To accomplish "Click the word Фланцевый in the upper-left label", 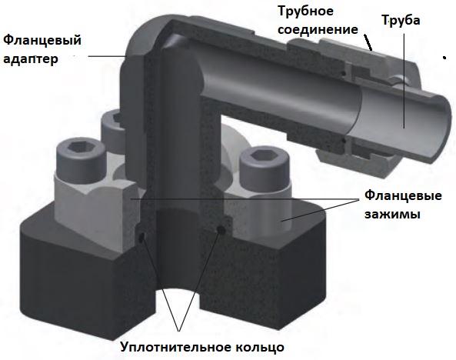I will click(x=42, y=40).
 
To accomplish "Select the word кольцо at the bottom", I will click(x=258, y=347).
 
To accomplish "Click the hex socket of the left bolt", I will click(x=80, y=152).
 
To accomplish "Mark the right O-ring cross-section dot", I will click(x=221, y=229).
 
